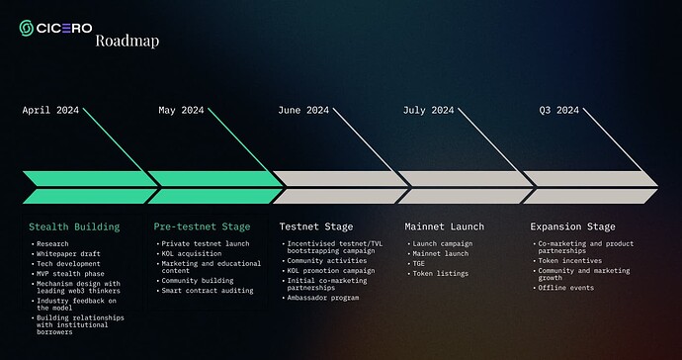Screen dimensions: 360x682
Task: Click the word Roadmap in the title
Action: tap(127, 42)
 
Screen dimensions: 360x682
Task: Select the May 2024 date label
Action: tap(181, 110)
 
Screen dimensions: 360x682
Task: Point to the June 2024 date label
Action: tap(304, 110)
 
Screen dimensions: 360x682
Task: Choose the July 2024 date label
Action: tap(429, 110)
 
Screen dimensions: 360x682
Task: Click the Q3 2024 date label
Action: tap(559, 110)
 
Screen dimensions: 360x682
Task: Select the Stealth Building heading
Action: tap(74, 226)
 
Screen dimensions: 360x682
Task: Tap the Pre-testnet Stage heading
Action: tap(202, 226)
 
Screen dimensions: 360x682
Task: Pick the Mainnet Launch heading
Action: tap(446, 226)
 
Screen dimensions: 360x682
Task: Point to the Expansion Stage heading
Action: tap(573, 226)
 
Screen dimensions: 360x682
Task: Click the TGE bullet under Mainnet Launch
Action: tap(420, 262)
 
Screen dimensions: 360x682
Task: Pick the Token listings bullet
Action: tap(441, 272)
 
